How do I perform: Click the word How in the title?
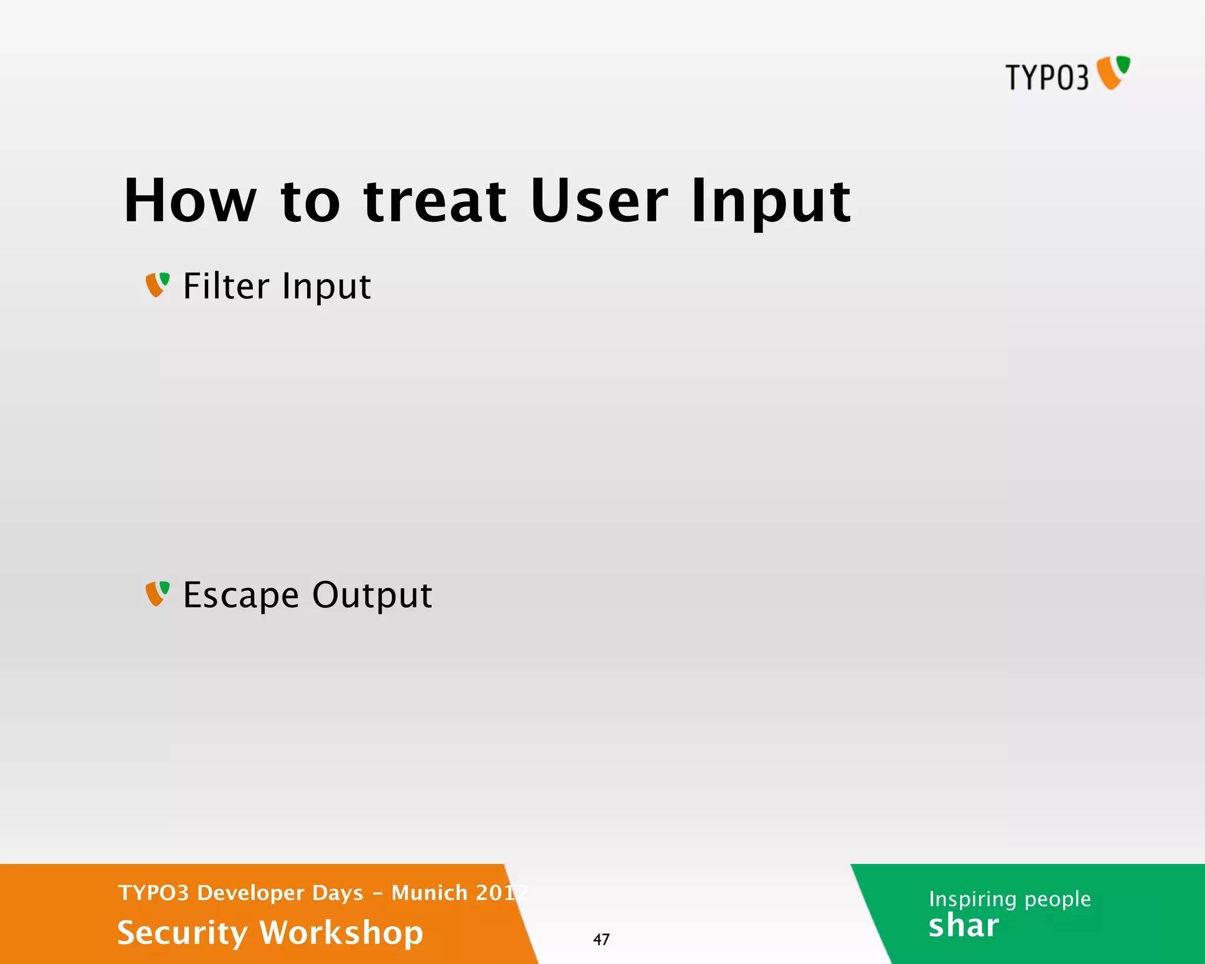coord(190,201)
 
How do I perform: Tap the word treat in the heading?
coord(435,201)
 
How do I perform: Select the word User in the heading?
coord(598,201)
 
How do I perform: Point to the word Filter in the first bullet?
coord(226,286)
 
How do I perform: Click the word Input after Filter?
coord(326,287)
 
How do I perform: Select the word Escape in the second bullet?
coord(241,596)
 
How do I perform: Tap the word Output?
coord(372,596)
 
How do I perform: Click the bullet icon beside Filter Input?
coord(157,285)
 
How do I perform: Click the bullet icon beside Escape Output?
coord(157,594)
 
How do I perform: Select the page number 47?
coord(601,939)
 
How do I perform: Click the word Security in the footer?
coord(182,933)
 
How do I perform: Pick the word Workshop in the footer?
coord(341,933)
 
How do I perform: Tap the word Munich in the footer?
coord(430,893)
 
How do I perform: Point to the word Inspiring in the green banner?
coord(973,899)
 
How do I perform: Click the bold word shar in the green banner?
coord(963,926)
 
